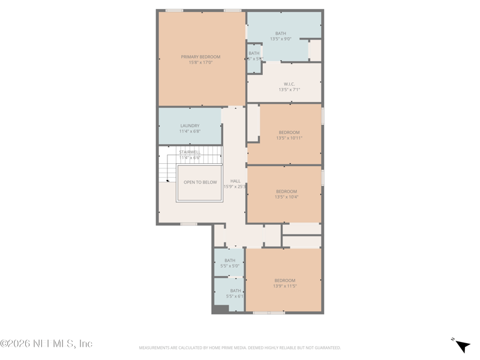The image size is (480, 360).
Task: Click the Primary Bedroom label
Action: (200, 57)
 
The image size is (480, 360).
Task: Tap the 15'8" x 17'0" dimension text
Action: (200, 62)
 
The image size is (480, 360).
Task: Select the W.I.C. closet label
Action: (289, 84)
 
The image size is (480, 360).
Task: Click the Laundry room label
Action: (190, 126)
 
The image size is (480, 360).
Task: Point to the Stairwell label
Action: (190, 152)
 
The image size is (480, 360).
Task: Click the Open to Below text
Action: (200, 182)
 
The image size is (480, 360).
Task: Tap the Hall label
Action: (235, 181)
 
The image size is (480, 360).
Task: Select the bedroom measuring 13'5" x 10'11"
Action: (289, 133)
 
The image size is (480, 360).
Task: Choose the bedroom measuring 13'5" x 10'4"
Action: (286, 192)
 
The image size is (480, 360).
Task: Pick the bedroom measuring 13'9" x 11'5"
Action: (285, 281)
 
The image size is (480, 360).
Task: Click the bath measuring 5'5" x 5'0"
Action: (230, 260)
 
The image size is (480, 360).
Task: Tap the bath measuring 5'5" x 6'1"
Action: (235, 291)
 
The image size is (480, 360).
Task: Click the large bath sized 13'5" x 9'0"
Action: (280, 34)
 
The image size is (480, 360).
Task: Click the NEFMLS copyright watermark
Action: (46, 344)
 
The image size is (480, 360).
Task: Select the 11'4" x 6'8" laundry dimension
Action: (190, 131)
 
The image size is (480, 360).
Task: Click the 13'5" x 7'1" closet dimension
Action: (289, 90)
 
